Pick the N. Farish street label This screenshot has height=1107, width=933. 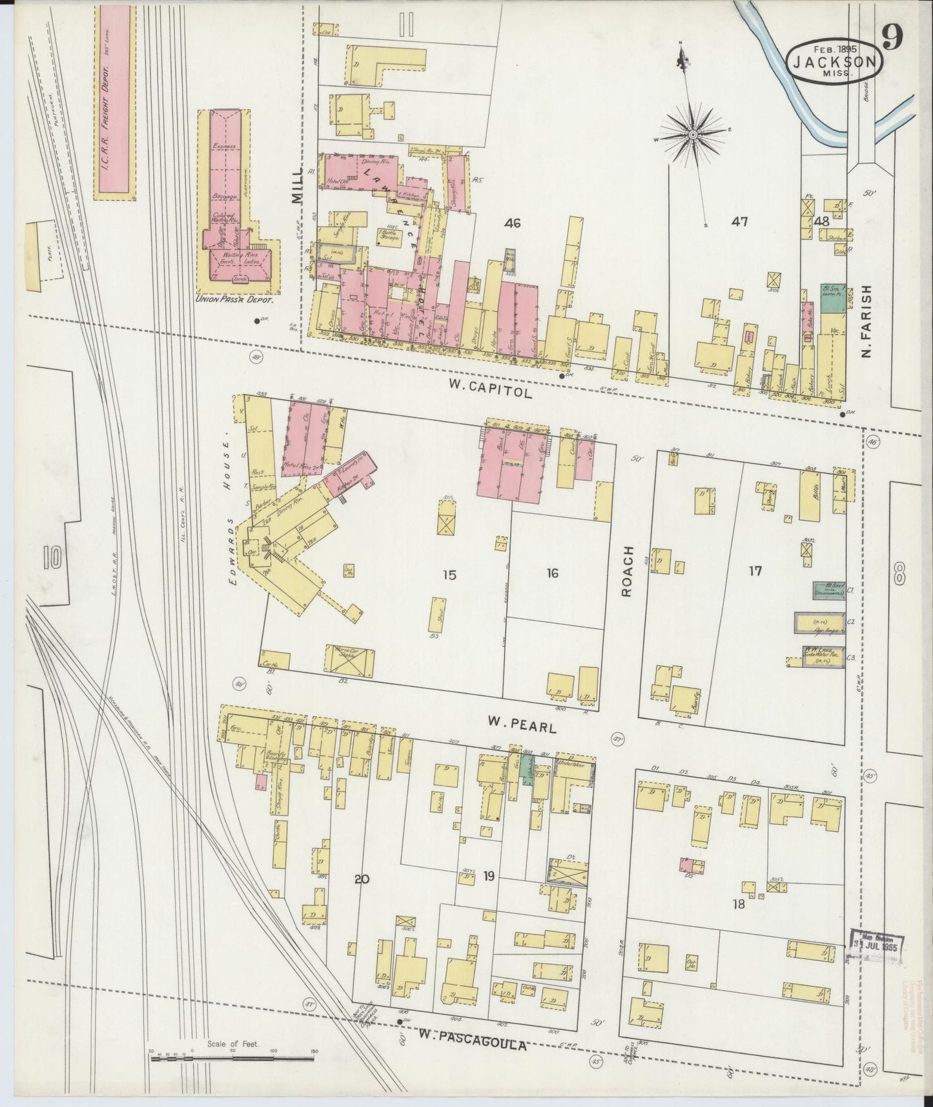click(x=866, y=323)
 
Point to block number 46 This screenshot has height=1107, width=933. click(x=513, y=223)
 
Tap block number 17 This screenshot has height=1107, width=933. click(x=755, y=571)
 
